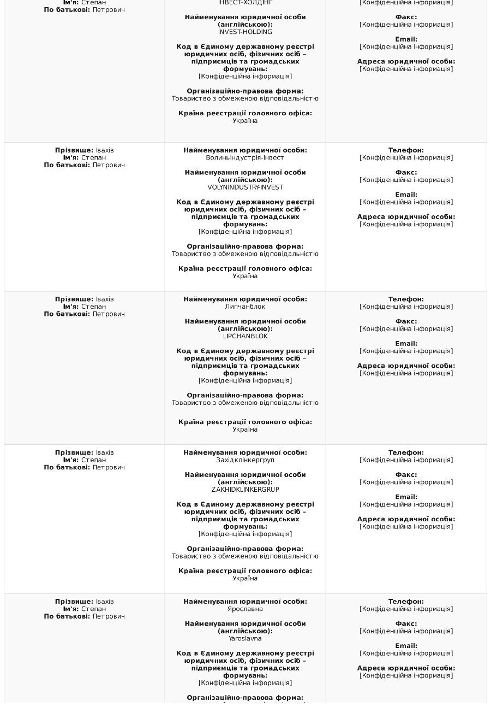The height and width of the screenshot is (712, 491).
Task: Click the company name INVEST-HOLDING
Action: (245, 32)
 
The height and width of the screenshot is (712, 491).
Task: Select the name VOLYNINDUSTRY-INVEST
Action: (245, 187)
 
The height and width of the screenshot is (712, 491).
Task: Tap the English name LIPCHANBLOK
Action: (245, 337)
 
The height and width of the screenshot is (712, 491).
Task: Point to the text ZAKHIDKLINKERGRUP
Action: (245, 490)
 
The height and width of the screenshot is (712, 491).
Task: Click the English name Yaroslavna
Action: (245, 638)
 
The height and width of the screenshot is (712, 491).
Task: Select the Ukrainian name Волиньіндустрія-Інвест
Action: (245, 158)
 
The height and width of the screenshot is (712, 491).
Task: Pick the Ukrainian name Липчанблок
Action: (245, 307)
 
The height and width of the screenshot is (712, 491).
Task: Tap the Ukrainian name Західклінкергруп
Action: (245, 460)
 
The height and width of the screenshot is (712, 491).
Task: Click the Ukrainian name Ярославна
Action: (245, 609)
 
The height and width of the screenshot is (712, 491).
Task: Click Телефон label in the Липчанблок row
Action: (406, 299)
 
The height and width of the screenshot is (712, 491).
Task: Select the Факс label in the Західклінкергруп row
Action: (406, 475)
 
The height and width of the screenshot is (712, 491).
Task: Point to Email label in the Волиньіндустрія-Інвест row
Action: (406, 195)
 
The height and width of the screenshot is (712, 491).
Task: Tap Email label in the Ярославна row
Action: (406, 646)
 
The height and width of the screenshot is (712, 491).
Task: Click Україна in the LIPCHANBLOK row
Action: (245, 429)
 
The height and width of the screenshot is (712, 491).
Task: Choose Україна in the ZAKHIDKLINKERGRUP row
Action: (245, 578)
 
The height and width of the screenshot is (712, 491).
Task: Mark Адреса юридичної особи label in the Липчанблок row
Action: (406, 366)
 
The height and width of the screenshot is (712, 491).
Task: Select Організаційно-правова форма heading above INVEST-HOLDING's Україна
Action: (245, 91)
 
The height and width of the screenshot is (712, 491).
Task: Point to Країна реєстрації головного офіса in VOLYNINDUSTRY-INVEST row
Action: (245, 269)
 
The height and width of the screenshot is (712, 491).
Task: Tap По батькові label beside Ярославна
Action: (67, 616)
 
